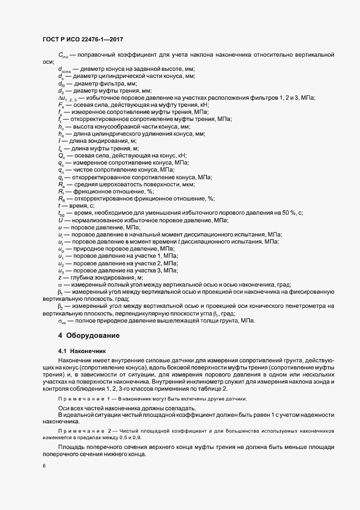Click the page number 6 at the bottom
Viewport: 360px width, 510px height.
(44, 466)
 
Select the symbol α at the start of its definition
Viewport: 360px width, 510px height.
(60, 284)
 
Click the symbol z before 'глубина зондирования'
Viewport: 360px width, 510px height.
(59, 277)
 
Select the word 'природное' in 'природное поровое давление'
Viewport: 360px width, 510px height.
(87, 248)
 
